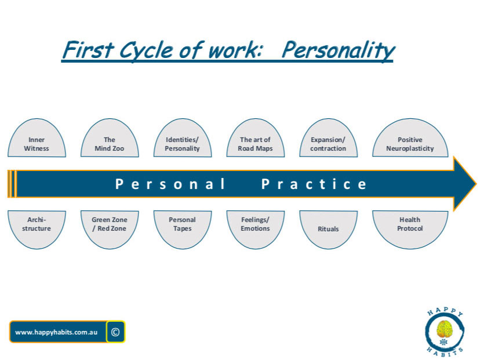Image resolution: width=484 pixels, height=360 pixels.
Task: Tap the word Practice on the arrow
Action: pyautogui.click(x=314, y=184)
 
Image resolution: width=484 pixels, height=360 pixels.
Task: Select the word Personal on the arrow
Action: pyautogui.click(x=170, y=184)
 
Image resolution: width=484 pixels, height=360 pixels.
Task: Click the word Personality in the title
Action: pyautogui.click(x=339, y=50)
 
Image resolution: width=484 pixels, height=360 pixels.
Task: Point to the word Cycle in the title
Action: pyautogui.click(x=147, y=50)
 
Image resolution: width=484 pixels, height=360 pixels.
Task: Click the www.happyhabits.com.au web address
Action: pyautogui.click(x=56, y=332)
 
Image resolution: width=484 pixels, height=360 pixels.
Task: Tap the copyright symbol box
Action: pyautogui.click(x=115, y=332)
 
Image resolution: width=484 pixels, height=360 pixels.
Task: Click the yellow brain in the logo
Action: pyautogui.click(x=444, y=329)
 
